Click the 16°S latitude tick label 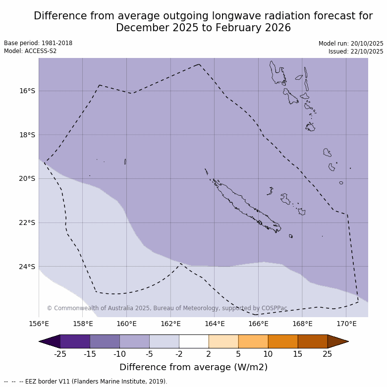tap(27, 91)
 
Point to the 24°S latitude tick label tap(27, 267)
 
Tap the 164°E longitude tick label tap(215, 324)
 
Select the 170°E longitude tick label tap(346, 324)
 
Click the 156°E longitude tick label tap(39, 324)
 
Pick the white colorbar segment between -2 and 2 tap(194, 341)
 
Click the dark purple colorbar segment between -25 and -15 tap(75, 341)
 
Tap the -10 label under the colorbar tap(119, 354)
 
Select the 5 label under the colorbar tap(238, 354)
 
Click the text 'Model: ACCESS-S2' tap(30, 51)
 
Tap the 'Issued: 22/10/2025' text tap(356, 52)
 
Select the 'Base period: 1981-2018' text tap(38, 43)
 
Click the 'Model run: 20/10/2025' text tap(351, 44)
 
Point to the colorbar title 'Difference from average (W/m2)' tap(193, 367)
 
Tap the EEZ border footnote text tap(86, 382)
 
